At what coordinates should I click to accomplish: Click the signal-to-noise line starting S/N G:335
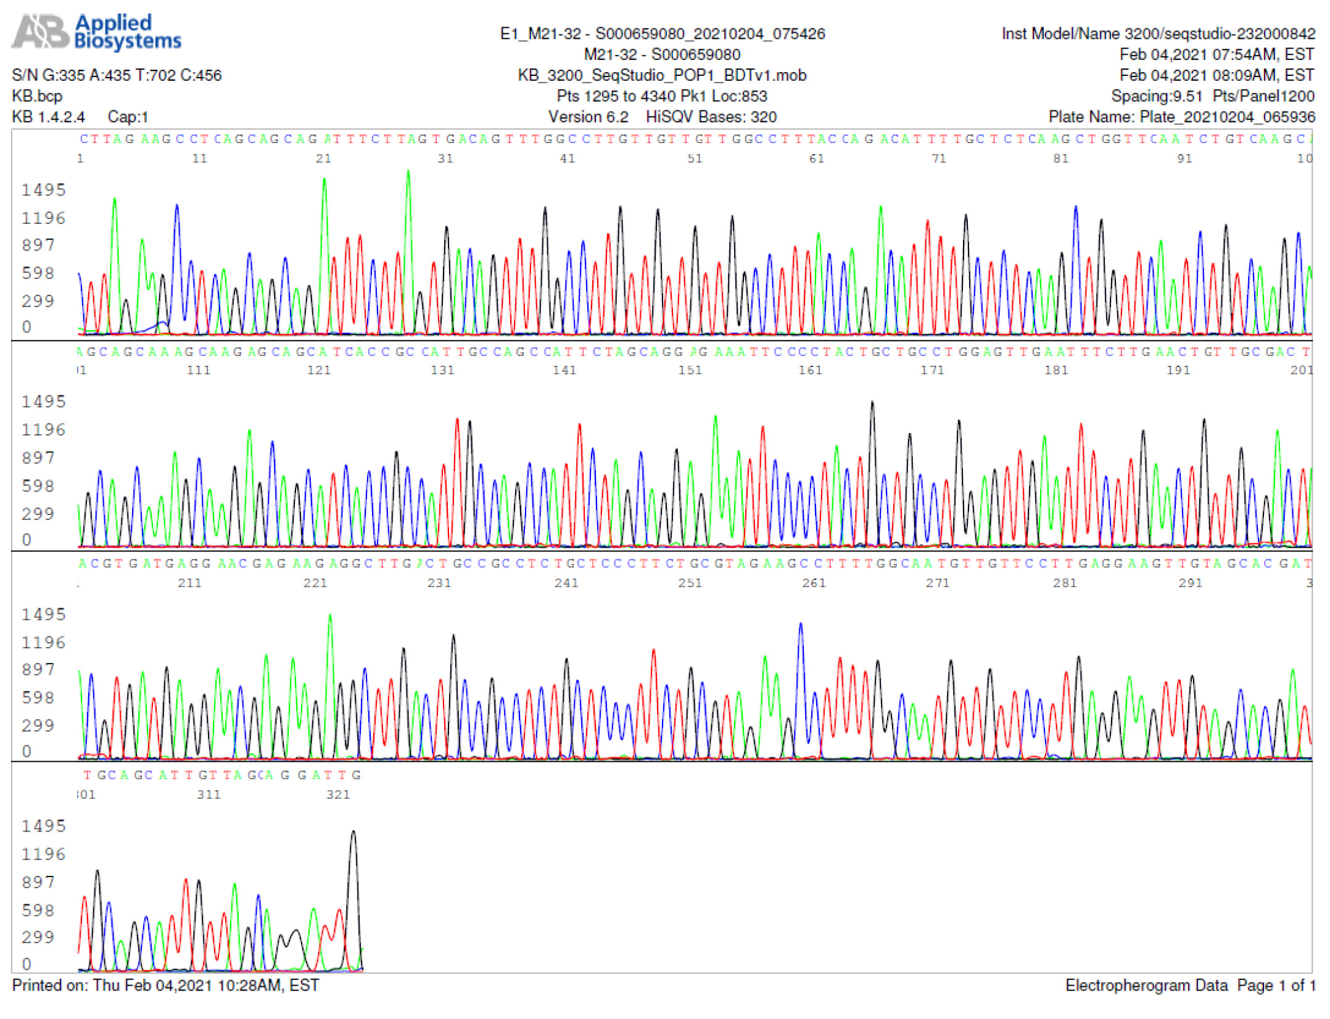[117, 75]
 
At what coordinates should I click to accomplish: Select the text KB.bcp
[37, 96]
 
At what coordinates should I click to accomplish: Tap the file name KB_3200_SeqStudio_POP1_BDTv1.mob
[661, 75]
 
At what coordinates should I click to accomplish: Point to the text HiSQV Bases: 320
[711, 117]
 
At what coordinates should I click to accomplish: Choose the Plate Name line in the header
[1181, 117]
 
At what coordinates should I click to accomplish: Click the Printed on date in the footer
[165, 985]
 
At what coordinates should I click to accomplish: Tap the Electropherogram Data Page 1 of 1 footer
[1189, 985]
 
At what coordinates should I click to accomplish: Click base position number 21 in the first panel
[323, 159]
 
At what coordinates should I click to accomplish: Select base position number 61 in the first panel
[816, 159]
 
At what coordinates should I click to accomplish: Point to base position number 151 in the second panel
[690, 370]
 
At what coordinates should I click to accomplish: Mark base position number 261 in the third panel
[814, 583]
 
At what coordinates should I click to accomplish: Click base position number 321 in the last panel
[338, 794]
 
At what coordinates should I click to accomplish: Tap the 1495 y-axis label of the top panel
[43, 190]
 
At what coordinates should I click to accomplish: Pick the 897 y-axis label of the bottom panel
[38, 882]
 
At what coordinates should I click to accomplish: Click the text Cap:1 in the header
[128, 117]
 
